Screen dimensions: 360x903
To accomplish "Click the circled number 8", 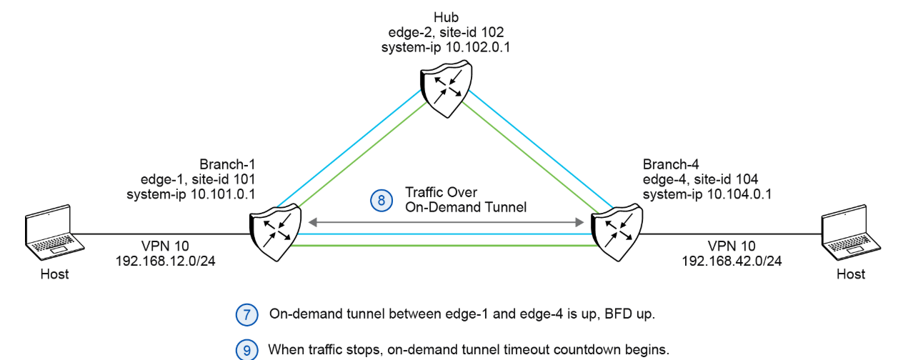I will (x=381, y=201).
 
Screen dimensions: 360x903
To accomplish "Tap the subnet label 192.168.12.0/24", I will (x=166, y=261).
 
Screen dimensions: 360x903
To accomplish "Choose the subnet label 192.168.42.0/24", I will (x=732, y=261).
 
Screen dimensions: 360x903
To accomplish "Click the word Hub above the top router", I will (x=446, y=16).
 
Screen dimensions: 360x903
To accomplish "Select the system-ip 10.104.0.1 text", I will (x=705, y=194).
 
